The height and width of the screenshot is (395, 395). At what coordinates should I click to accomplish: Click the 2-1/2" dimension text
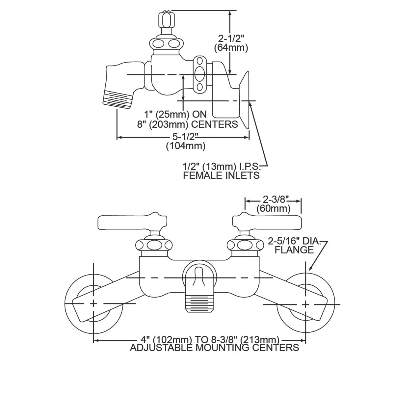point(231,39)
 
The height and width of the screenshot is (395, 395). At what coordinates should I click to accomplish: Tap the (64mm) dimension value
point(231,48)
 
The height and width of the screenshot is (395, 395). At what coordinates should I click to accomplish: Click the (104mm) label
point(186,146)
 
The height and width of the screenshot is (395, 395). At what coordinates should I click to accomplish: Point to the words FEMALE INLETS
point(221,175)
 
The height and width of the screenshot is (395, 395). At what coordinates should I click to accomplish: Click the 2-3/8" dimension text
point(274,199)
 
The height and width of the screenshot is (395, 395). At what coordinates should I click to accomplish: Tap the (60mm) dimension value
point(274,208)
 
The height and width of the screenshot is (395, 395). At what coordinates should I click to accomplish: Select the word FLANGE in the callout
point(294,250)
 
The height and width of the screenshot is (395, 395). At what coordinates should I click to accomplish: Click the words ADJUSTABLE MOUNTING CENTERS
point(214,348)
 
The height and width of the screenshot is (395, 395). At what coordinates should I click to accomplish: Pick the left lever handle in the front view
point(132,222)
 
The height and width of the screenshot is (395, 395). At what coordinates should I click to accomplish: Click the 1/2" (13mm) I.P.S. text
point(222,166)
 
